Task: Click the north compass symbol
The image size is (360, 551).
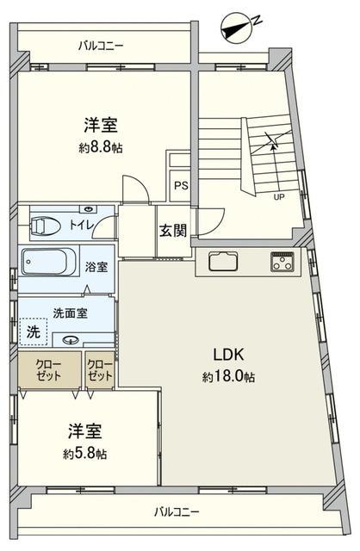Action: [x=239, y=28]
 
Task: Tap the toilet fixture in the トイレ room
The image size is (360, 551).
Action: [x=45, y=225]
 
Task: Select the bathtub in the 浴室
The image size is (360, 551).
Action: [x=48, y=262]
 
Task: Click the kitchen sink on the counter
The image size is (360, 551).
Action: [x=224, y=261]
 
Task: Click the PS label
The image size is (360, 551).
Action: [x=182, y=186]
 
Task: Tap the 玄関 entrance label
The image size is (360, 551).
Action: [x=172, y=231]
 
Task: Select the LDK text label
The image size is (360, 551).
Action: [x=229, y=355]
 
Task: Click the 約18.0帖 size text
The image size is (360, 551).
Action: [x=228, y=377]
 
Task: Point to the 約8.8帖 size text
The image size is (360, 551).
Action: [x=101, y=148]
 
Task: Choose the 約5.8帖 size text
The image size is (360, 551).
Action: [x=85, y=454]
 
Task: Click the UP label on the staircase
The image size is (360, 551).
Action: [x=279, y=197]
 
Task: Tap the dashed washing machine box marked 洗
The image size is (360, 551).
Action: [x=34, y=331]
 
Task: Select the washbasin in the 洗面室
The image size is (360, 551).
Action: [x=70, y=340]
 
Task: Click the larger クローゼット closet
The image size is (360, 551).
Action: [x=50, y=370]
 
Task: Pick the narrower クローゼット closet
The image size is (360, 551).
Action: [x=100, y=370]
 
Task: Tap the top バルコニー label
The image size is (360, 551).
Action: [x=101, y=46]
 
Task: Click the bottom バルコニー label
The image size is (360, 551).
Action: [x=177, y=511]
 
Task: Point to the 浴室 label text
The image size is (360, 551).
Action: [x=96, y=267]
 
